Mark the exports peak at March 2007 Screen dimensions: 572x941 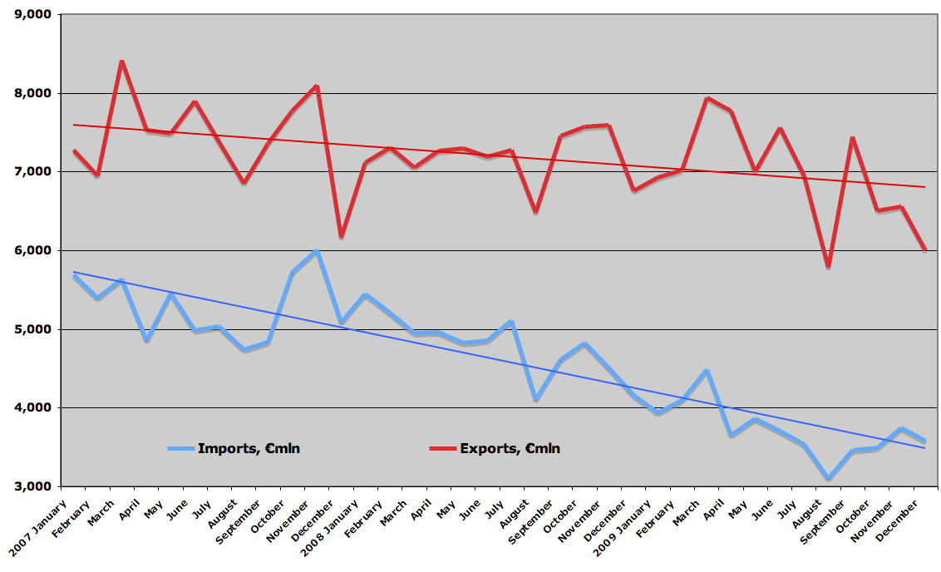[122, 62]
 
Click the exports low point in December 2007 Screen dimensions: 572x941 [341, 237]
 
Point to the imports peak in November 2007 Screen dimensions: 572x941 [317, 251]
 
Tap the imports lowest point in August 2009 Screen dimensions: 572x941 [828, 479]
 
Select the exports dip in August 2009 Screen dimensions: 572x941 [828, 266]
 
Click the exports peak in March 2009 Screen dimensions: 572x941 [707, 98]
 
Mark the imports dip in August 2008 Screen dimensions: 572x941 [536, 400]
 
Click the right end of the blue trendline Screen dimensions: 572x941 [925, 448]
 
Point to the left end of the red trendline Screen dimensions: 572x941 [74, 125]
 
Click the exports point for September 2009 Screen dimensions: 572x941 [852, 138]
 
